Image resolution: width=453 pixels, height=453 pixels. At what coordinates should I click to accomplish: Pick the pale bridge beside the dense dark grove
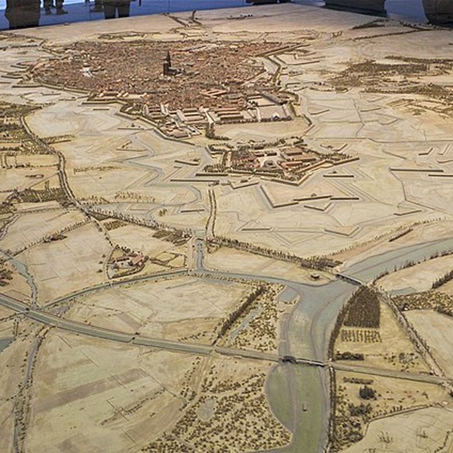pos(349,279)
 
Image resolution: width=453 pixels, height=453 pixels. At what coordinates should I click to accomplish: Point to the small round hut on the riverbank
pos(315,276)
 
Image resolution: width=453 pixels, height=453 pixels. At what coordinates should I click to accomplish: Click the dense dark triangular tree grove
pos(362,309)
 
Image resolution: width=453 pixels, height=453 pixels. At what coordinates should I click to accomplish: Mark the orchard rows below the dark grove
pos(360,336)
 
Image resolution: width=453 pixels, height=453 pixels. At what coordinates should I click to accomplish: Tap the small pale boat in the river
pos(304,407)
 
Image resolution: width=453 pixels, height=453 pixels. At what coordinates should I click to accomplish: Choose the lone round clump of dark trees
pos(368,392)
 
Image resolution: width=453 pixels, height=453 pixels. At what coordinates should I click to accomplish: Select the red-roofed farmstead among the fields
pos(127,261)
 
